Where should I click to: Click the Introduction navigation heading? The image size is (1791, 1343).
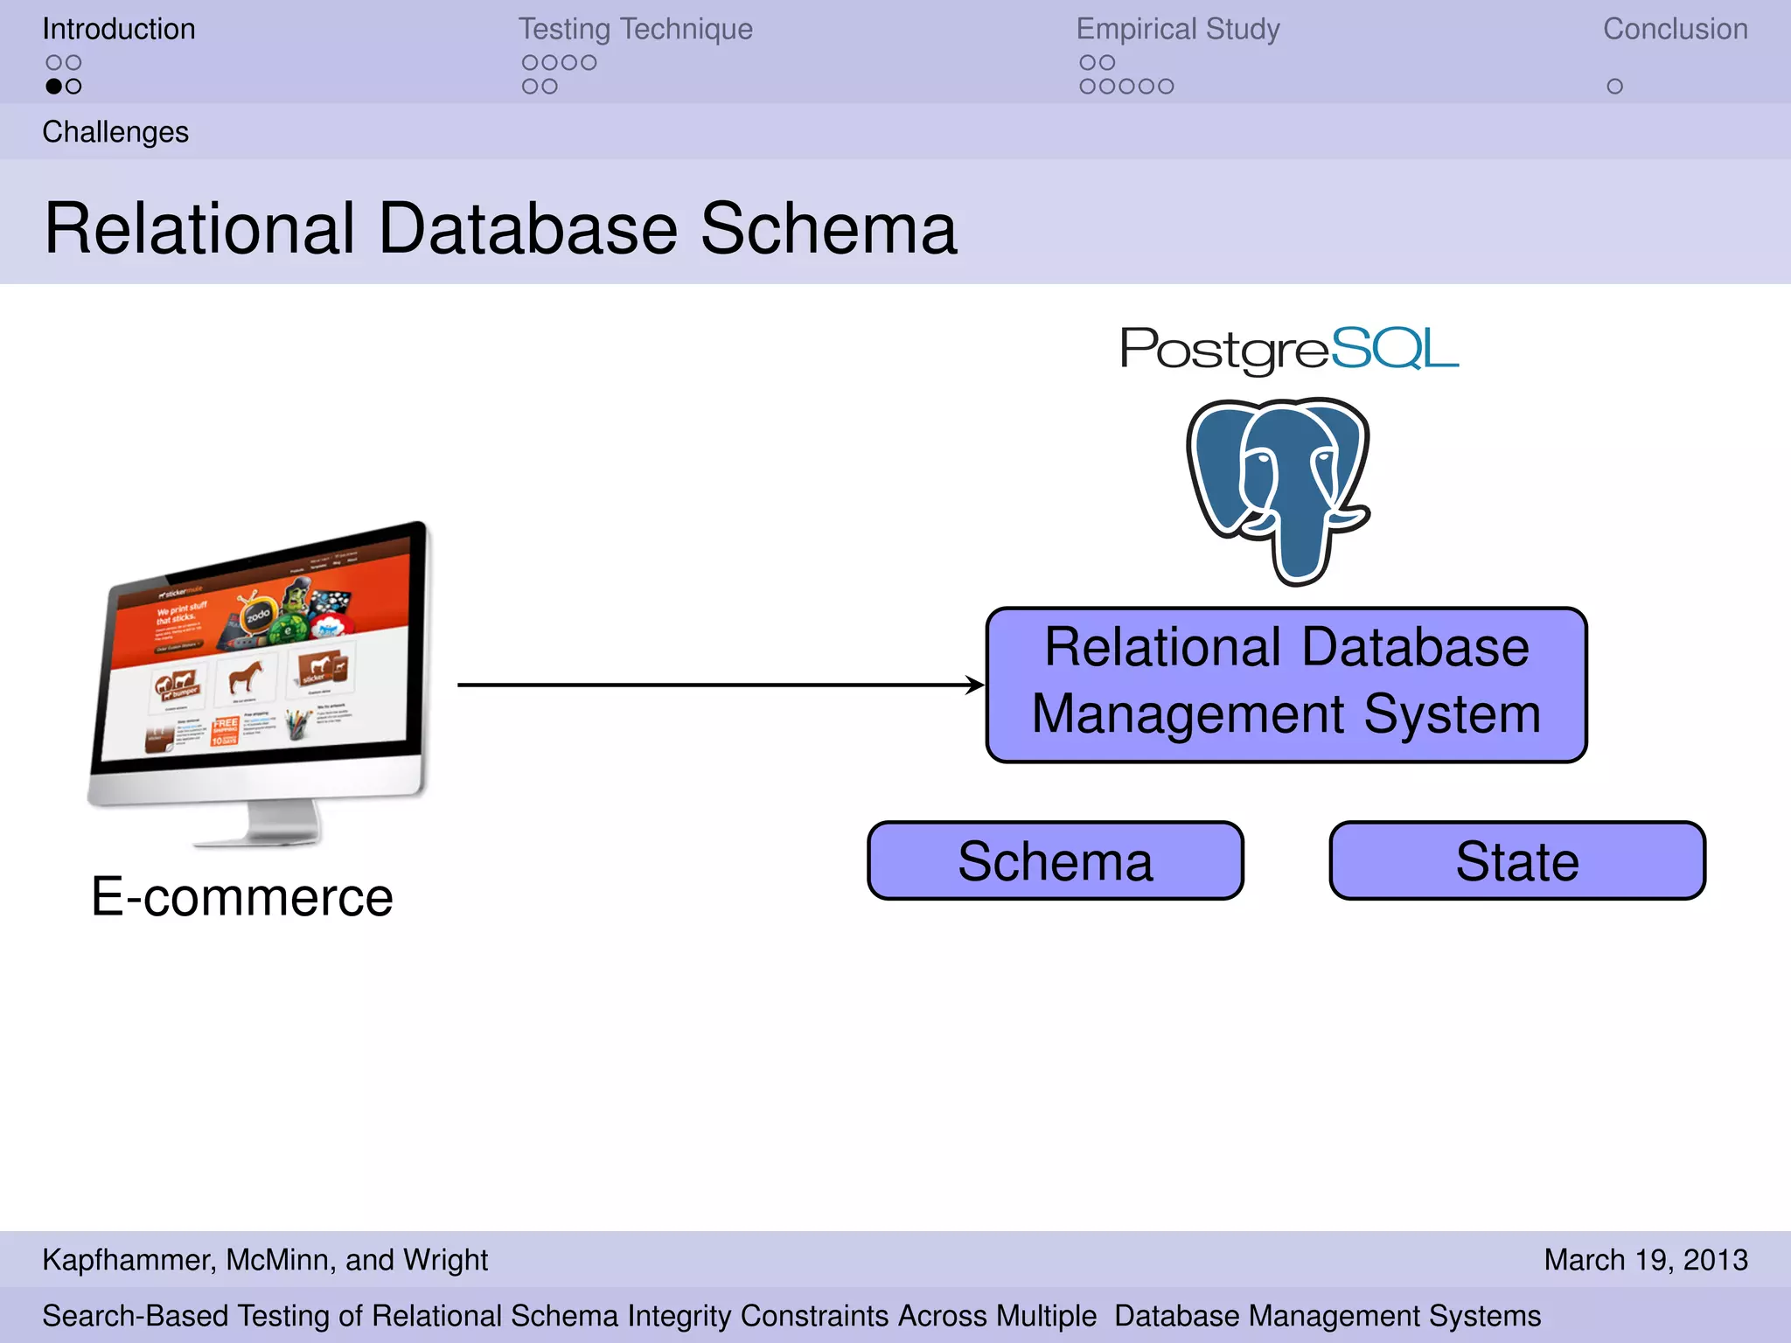pyautogui.click(x=119, y=29)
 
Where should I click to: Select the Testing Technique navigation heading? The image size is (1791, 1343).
pyautogui.click(x=635, y=29)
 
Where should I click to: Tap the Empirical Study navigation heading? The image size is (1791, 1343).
pyautogui.click(x=1177, y=29)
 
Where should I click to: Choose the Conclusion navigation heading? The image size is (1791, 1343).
pyautogui.click(x=1675, y=29)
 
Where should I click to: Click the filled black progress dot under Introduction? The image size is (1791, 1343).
pyautogui.click(x=54, y=87)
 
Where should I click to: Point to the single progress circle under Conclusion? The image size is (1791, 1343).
pyautogui.click(x=1614, y=87)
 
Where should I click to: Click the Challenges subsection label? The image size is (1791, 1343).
pyautogui.click(x=115, y=132)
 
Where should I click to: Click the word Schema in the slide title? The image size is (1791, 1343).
pyautogui.click(x=828, y=229)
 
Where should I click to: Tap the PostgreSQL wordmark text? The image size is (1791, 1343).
pyautogui.click(x=1289, y=349)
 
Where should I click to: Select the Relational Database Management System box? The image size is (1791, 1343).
pyautogui.click(x=1286, y=685)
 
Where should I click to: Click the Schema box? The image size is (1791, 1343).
pyautogui.click(x=1055, y=861)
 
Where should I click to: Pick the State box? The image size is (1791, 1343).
pyautogui.click(x=1517, y=861)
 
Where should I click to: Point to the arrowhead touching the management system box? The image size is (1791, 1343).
pyautogui.click(x=975, y=685)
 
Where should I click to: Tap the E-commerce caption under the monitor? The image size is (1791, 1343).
pyautogui.click(x=242, y=897)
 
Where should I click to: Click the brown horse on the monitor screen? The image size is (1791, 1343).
pyautogui.click(x=245, y=676)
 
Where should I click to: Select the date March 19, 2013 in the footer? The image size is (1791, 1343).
pyautogui.click(x=1645, y=1260)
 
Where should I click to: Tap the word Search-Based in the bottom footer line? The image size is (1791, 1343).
pyautogui.click(x=136, y=1316)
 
